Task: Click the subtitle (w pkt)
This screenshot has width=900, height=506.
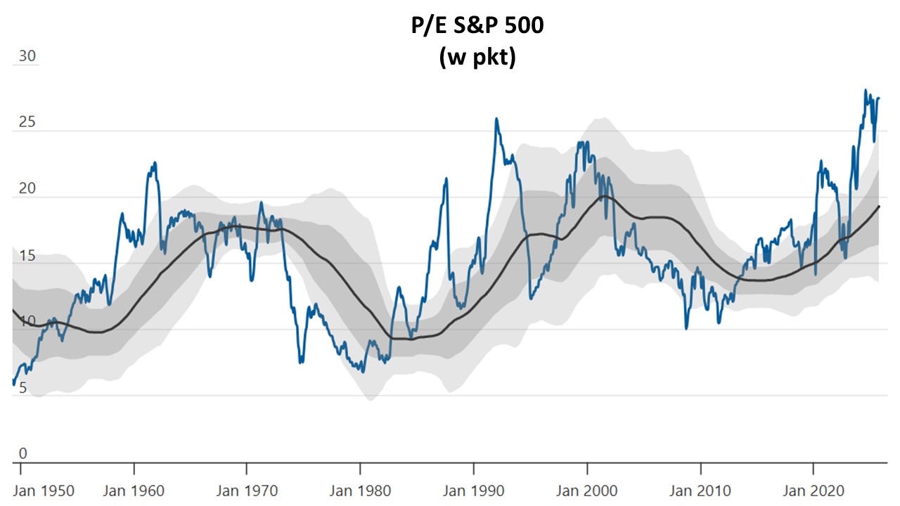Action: click(477, 58)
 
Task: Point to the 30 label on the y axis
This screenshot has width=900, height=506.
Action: click(27, 57)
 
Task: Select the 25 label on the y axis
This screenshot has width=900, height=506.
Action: click(27, 123)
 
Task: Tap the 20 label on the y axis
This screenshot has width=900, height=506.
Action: click(27, 189)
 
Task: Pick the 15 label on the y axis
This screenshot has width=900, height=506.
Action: click(27, 256)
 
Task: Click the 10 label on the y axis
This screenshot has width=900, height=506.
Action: click(27, 322)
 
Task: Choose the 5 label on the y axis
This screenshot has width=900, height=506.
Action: click(22, 388)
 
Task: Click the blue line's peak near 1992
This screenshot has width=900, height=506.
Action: click(496, 119)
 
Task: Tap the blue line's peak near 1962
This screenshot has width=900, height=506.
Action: click(155, 163)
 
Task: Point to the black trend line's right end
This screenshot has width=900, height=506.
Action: click(879, 207)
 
